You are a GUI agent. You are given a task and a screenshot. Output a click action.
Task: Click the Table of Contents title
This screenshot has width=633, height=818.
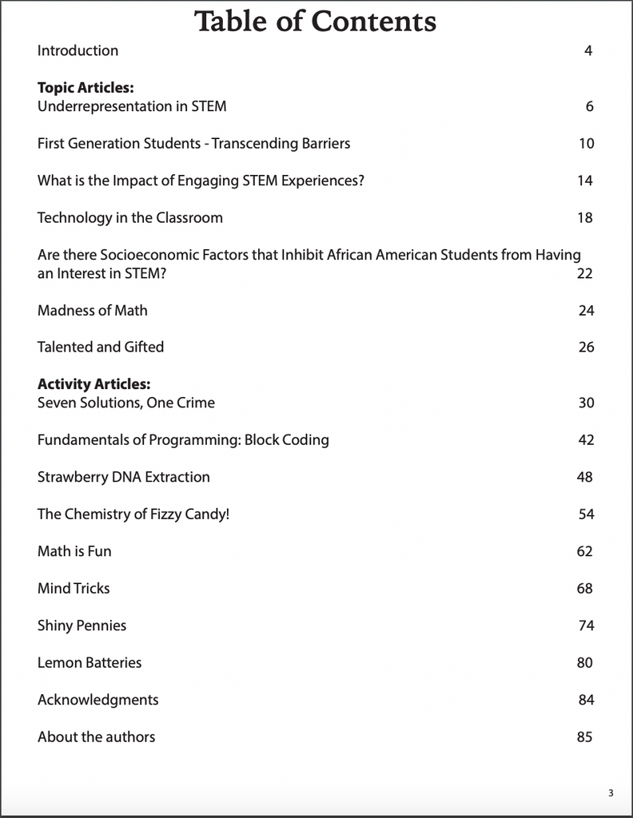(x=316, y=21)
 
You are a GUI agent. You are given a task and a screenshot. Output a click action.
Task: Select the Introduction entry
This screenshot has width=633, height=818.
(x=78, y=50)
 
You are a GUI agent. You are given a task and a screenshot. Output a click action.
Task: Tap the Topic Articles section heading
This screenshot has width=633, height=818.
(x=86, y=88)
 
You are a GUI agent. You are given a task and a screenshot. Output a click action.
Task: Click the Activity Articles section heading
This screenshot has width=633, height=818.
(x=94, y=384)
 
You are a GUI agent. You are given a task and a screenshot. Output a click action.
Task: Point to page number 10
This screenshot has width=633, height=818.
(x=586, y=144)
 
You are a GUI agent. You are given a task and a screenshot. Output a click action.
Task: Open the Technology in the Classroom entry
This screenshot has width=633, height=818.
(x=130, y=217)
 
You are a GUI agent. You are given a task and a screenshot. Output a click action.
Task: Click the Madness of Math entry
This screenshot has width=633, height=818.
(x=93, y=310)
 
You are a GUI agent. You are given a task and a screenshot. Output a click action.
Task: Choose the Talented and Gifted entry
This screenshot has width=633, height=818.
(x=101, y=347)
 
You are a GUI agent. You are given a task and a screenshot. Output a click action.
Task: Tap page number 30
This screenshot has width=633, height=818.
(x=586, y=403)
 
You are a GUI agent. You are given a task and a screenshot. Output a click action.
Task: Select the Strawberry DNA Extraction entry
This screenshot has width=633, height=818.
(x=124, y=477)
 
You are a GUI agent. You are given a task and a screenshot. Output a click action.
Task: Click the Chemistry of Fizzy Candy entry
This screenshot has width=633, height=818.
(x=133, y=514)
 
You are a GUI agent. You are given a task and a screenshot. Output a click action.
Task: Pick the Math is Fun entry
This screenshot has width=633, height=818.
(x=74, y=551)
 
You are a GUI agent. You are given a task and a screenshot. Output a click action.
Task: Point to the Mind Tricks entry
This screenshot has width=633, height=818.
(x=74, y=588)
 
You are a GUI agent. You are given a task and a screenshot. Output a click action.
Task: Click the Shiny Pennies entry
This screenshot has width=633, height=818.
(x=82, y=625)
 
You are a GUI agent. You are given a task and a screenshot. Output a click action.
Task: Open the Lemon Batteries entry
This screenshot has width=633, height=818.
(x=90, y=662)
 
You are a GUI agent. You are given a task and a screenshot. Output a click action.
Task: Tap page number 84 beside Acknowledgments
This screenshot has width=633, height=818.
(x=586, y=700)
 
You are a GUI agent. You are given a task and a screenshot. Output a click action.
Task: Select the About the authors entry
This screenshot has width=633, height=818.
(x=96, y=737)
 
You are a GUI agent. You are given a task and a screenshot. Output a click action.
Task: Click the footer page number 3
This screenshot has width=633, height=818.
(x=611, y=793)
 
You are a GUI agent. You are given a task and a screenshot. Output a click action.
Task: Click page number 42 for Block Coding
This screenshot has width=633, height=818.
(x=586, y=440)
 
